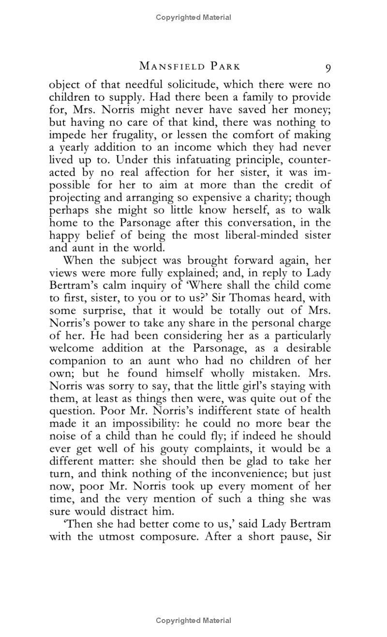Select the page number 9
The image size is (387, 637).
[x=328, y=67]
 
